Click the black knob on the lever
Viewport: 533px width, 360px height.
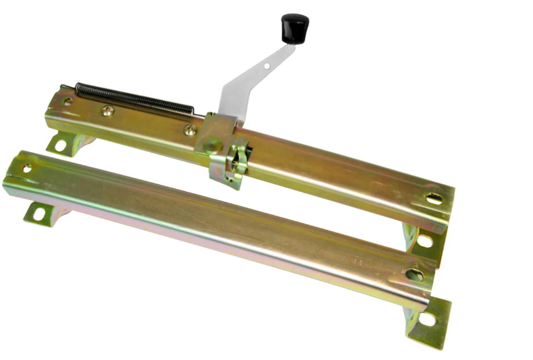pyautogui.click(x=295, y=28)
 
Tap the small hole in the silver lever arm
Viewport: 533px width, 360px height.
pyautogui.click(x=267, y=66)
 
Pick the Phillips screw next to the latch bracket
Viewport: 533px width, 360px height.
pyautogui.click(x=190, y=130)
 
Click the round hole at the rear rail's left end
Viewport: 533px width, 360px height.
pyautogui.click(x=67, y=102)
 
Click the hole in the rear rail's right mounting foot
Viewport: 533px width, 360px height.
pyautogui.click(x=425, y=241)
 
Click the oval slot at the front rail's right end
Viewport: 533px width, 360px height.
pyautogui.click(x=414, y=274)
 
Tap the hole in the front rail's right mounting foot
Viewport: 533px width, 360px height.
pyautogui.click(x=428, y=319)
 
